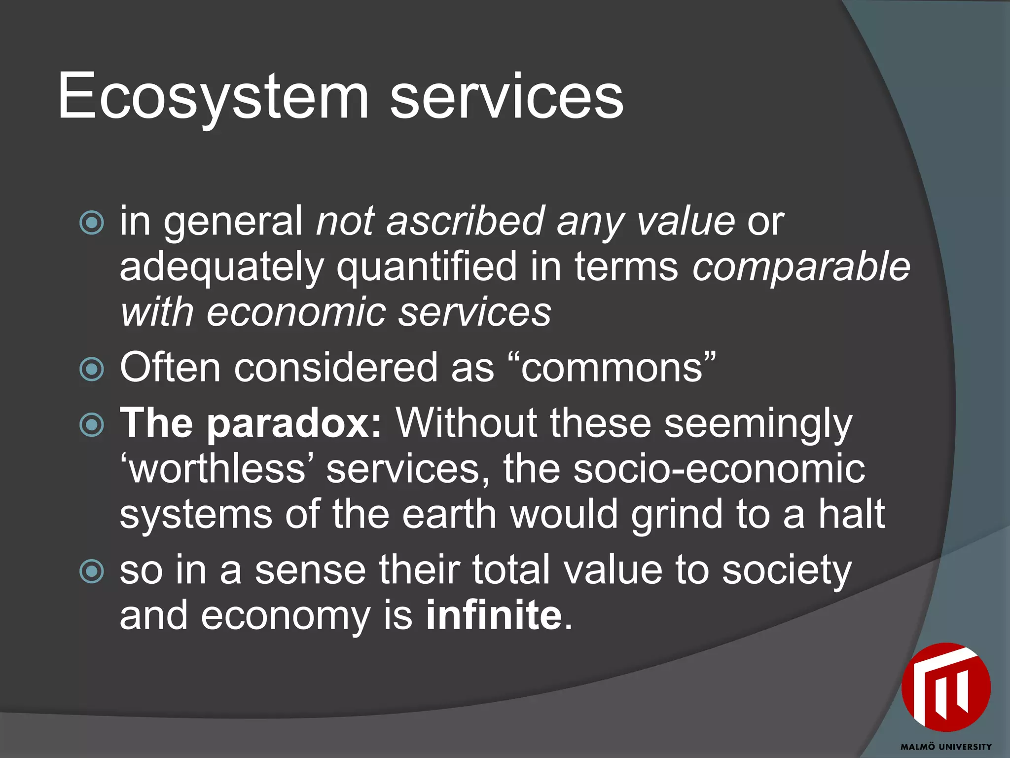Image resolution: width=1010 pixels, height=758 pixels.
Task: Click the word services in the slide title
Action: (x=506, y=96)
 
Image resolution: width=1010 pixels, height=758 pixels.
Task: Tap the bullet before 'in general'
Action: (x=92, y=223)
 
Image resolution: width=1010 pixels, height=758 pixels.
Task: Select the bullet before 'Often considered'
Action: (x=92, y=369)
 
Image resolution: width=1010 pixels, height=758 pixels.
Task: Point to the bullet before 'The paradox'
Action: (x=92, y=424)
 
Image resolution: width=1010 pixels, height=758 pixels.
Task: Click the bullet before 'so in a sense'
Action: (x=92, y=571)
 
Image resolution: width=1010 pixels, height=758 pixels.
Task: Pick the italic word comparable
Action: (x=801, y=267)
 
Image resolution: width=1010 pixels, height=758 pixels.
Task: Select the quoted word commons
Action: (x=612, y=368)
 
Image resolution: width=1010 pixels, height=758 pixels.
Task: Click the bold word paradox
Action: (x=294, y=423)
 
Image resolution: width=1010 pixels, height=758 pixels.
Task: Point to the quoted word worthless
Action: (x=217, y=468)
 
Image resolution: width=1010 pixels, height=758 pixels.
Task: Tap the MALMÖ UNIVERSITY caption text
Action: (x=946, y=747)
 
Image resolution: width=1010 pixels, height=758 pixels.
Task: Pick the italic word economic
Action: (x=296, y=312)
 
